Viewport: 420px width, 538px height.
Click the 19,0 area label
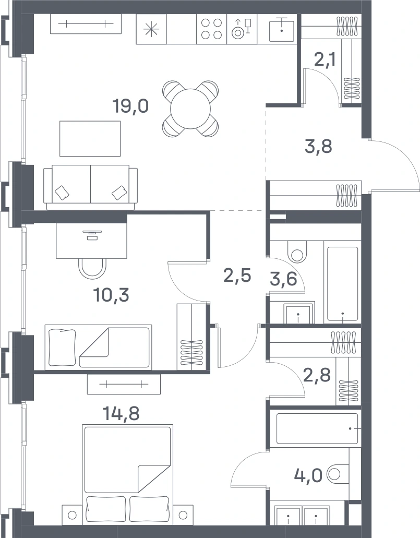(x=130, y=106)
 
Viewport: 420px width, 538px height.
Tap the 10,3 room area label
(x=111, y=295)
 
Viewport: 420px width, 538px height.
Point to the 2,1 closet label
(x=325, y=61)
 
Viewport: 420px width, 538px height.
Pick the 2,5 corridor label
(x=237, y=275)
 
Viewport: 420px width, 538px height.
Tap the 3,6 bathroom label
(x=283, y=279)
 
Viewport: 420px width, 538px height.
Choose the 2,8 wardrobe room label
(x=317, y=375)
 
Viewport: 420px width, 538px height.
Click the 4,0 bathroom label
(x=308, y=475)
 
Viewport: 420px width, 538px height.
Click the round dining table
(x=190, y=109)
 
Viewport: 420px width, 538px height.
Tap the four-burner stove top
(x=211, y=29)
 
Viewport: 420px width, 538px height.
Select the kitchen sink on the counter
(x=281, y=29)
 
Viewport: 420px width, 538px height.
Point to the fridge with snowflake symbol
(x=151, y=29)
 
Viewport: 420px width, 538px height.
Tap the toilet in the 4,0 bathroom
(x=338, y=474)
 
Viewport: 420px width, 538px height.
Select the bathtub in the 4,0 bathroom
(x=317, y=428)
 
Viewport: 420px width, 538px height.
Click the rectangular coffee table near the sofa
(x=90, y=139)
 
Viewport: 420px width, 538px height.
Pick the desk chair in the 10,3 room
(x=92, y=268)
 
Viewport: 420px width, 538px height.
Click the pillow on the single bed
(x=62, y=347)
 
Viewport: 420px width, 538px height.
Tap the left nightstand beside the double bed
(x=72, y=515)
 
